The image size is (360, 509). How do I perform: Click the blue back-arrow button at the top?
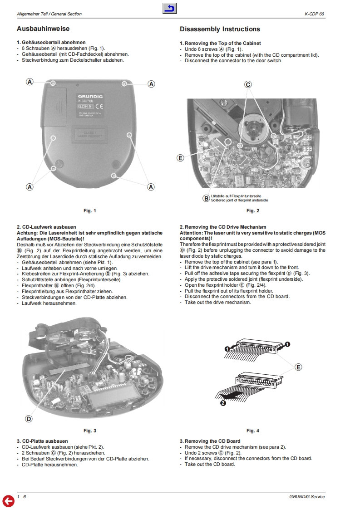pos(169,9)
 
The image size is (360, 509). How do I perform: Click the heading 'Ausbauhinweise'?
pos(43,29)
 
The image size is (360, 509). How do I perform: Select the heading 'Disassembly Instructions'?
pos(220,29)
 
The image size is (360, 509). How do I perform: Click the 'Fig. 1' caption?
pos(90,210)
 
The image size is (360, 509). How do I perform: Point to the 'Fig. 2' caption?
pos(253,210)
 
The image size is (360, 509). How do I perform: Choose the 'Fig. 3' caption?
pos(90,431)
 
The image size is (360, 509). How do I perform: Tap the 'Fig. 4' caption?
pos(253,431)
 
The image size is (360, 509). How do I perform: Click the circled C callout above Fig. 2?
pos(248,85)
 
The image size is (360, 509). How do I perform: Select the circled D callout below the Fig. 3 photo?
pos(29,419)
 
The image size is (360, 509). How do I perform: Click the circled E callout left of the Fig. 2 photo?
pos(180,158)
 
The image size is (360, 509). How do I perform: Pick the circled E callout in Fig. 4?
pos(298,367)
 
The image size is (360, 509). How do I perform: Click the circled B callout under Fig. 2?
pos(206,198)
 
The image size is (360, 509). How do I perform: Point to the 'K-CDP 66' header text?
pos(315,14)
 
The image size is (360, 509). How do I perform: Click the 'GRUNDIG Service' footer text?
pos(307,496)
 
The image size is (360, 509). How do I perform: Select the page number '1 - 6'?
pos(21,496)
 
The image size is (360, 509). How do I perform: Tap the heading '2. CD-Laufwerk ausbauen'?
pos(46,227)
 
